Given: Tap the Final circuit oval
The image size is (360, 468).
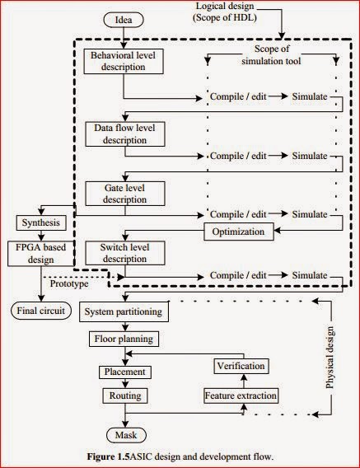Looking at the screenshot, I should pyautogui.click(x=40, y=311).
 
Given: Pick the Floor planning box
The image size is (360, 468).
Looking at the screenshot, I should pyautogui.click(x=124, y=339).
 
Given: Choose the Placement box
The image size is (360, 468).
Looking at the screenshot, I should pyautogui.click(x=124, y=372).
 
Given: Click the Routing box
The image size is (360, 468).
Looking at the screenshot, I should pyautogui.click(x=124, y=396).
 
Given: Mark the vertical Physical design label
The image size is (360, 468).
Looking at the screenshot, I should pyautogui.click(x=334, y=355).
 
